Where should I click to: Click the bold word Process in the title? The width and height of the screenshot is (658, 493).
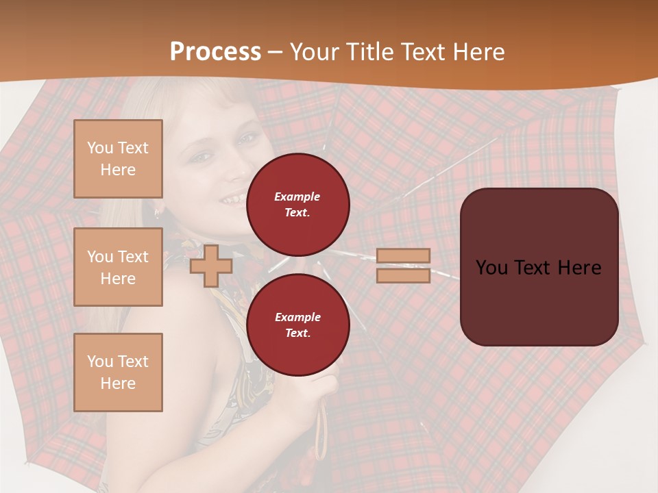[x=215, y=52]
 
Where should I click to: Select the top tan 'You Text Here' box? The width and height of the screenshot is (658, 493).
[x=118, y=159]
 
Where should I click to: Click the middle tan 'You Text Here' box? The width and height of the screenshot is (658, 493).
[x=118, y=267]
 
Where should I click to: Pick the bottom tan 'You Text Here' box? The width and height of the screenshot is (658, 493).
[x=118, y=372]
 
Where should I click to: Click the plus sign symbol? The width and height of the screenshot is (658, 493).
[x=211, y=266]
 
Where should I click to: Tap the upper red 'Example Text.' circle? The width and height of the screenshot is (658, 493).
[x=297, y=205]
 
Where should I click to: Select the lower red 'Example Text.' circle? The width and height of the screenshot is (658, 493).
[x=297, y=325]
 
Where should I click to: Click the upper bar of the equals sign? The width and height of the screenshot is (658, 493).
[x=404, y=255]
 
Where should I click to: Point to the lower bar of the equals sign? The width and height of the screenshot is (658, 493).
[x=404, y=276]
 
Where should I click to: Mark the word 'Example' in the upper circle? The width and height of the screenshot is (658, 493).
[x=297, y=197]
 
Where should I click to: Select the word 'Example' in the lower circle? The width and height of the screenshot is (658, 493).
[x=297, y=317]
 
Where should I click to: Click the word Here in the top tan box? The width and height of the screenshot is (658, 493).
[x=118, y=170]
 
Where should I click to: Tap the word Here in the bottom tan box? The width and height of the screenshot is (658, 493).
[x=118, y=383]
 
